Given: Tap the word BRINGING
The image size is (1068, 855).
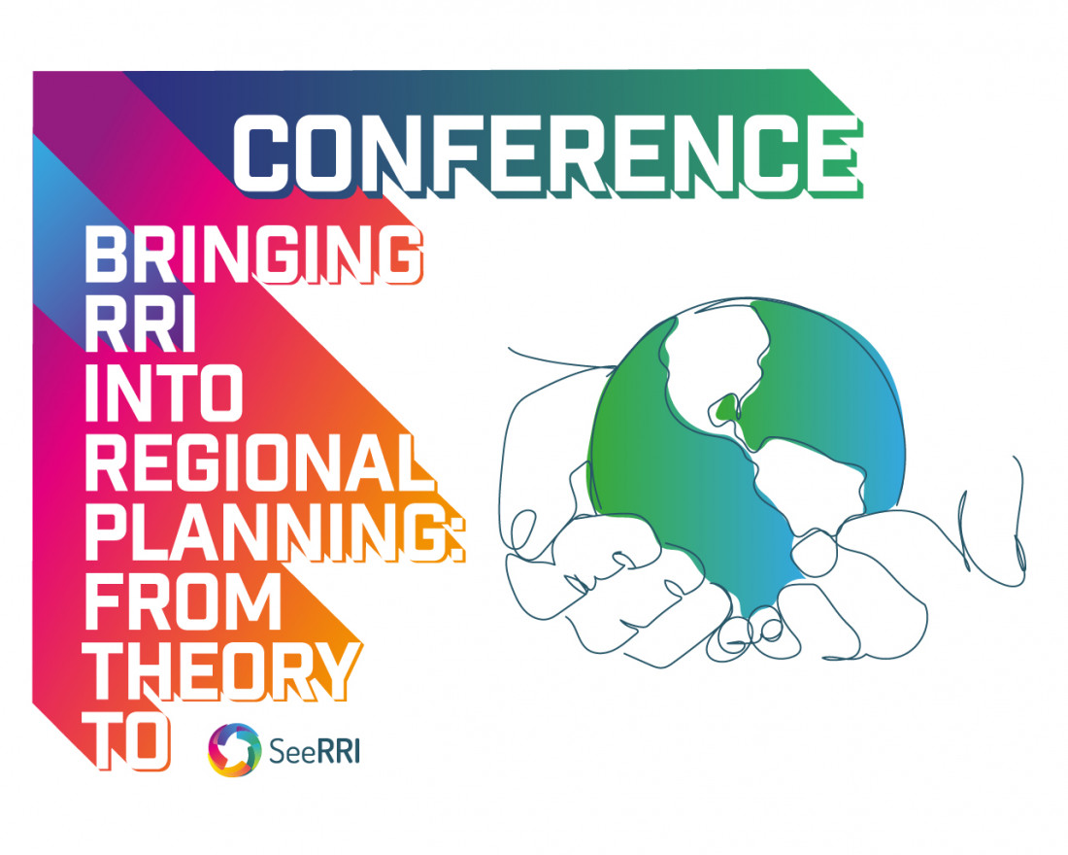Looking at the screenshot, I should point(253,255).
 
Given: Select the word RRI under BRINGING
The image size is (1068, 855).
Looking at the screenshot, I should point(141,325).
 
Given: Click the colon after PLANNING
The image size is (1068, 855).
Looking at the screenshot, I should point(456,532).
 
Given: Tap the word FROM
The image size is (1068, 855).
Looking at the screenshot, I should point(184,601).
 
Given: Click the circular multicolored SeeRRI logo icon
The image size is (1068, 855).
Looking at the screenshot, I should point(234,750).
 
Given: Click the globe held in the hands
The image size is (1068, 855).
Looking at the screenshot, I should point(748,447).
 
